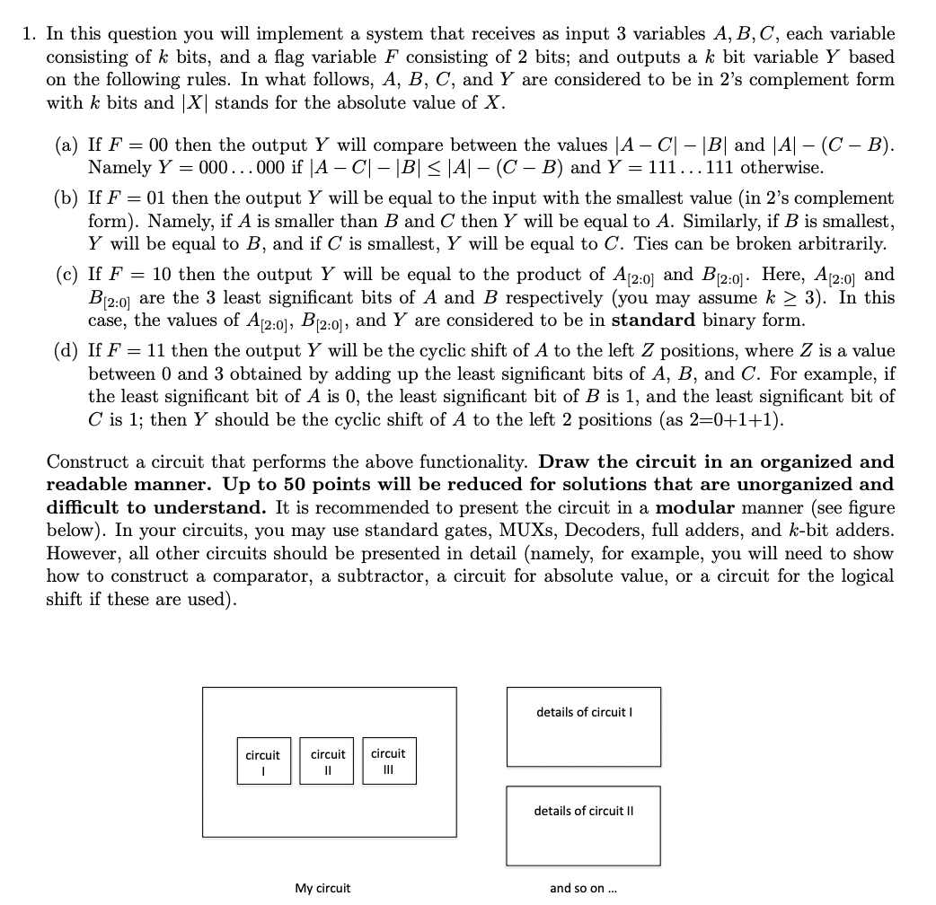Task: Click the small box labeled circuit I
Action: (x=262, y=760)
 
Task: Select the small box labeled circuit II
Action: (x=328, y=760)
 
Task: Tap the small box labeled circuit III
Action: (x=388, y=760)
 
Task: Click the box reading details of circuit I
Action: (x=584, y=726)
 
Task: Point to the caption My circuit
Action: (x=322, y=888)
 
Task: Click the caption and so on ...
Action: (x=583, y=888)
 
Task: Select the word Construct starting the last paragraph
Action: (x=83, y=461)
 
